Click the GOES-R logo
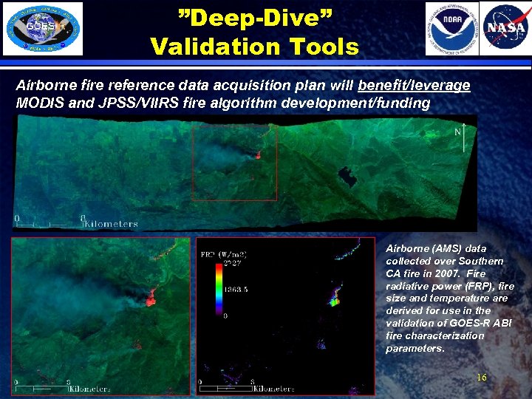pyautogui.click(x=43, y=28)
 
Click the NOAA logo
pyautogui.click(x=451, y=29)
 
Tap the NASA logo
pyautogui.click(x=505, y=29)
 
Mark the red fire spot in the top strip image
pyautogui.click(x=258, y=155)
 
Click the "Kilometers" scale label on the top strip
pyautogui.click(x=112, y=223)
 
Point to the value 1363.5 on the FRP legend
pyautogui.click(x=236, y=289)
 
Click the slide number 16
pyautogui.click(x=482, y=378)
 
